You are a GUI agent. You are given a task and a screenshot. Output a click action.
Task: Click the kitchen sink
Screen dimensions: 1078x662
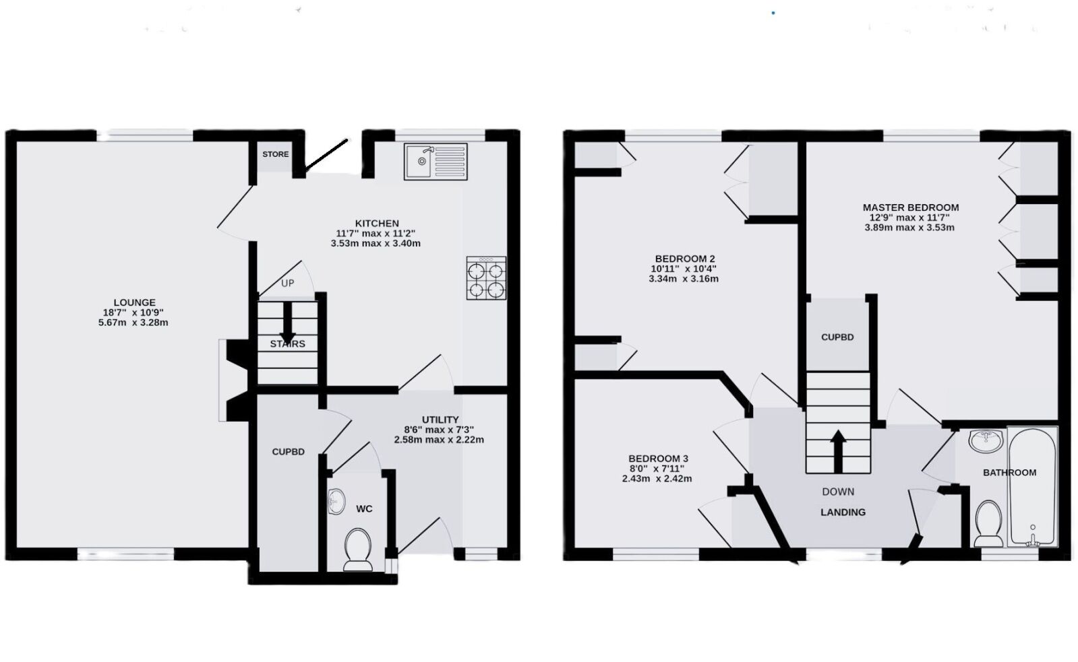pos(436,162)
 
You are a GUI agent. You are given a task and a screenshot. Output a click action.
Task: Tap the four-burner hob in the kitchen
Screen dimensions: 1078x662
pos(486,278)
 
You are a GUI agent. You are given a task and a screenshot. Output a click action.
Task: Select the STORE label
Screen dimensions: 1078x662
pos(276,154)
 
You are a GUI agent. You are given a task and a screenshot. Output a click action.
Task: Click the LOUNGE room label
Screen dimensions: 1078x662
pos(135,302)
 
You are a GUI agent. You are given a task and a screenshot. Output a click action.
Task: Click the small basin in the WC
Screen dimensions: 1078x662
pos(336,502)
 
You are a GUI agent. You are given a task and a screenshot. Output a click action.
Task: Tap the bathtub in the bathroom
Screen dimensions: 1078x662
pos(1032,486)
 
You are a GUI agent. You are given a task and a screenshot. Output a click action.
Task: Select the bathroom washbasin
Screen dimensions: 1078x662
pos(986,440)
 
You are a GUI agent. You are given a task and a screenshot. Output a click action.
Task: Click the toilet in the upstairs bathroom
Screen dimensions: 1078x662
pos(988,524)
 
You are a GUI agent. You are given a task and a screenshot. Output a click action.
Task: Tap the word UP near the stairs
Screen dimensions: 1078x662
pos(288,283)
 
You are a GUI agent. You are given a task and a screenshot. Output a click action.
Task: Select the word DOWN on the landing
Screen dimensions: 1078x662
pos(839,492)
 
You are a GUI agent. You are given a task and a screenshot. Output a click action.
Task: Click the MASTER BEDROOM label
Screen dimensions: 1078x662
pos(911,207)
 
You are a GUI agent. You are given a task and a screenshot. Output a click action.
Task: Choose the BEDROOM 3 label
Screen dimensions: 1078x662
pos(658,459)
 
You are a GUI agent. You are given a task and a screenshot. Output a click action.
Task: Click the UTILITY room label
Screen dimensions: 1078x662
pos(440,420)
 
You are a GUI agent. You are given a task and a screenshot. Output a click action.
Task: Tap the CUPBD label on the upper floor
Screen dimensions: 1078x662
pos(837,337)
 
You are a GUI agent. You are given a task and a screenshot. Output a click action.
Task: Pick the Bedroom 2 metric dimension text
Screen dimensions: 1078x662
pos(684,279)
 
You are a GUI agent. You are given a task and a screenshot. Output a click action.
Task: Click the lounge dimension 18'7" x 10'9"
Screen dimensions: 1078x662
pos(133,312)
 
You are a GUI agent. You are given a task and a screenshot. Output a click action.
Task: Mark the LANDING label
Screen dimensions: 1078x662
pos(843,512)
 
